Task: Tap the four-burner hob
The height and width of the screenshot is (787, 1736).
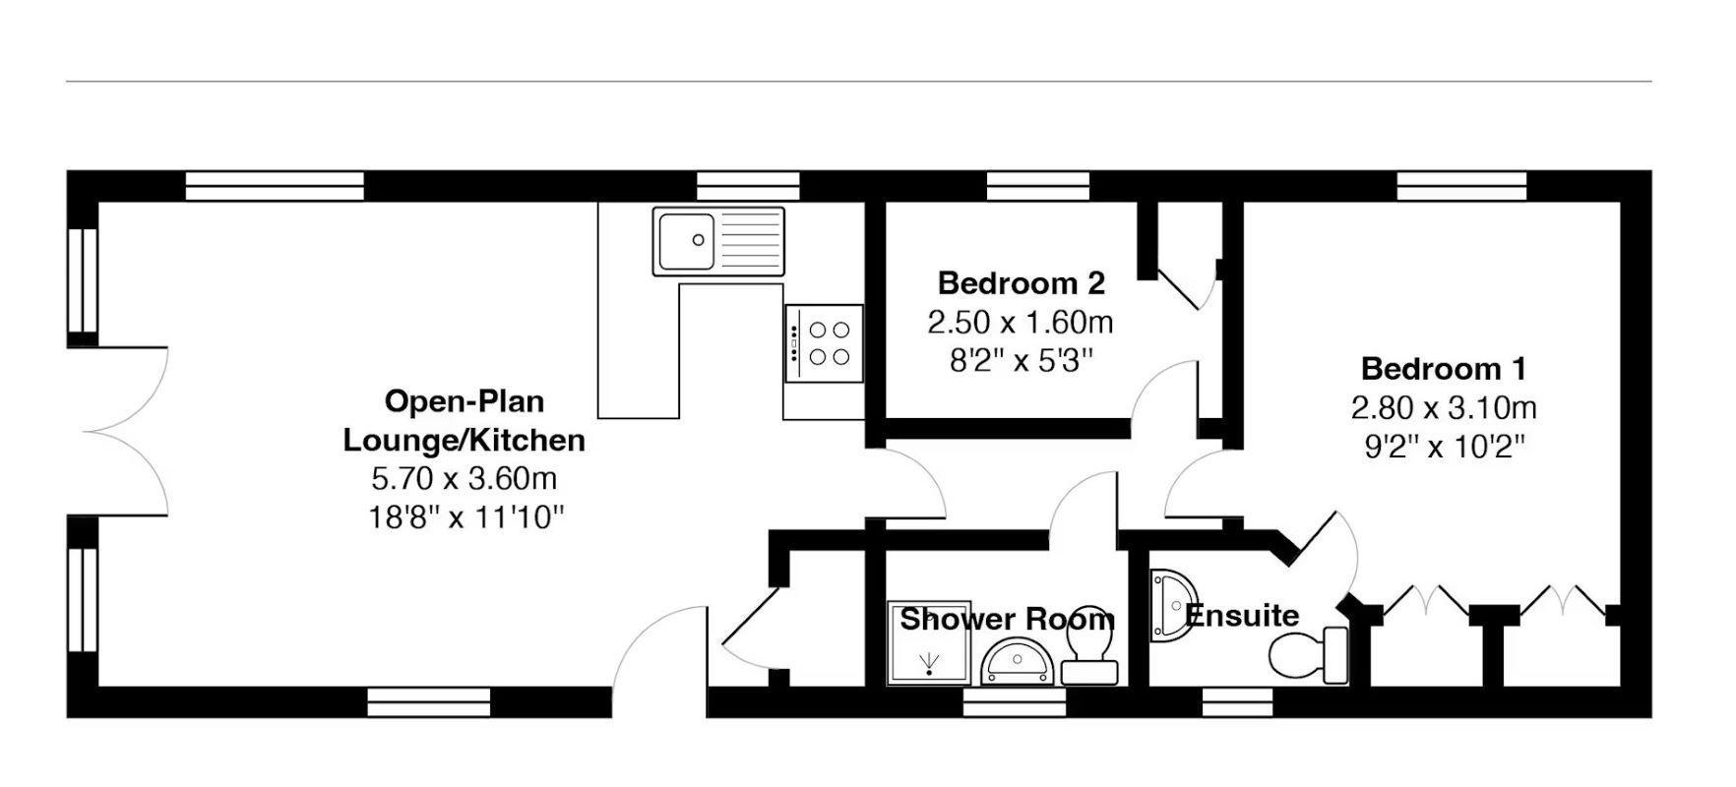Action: pos(825,343)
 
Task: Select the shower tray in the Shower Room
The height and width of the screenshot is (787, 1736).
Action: pos(929,642)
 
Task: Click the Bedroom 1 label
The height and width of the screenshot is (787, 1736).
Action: pos(1443,369)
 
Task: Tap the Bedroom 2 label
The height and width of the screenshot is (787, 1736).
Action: pos(1021,283)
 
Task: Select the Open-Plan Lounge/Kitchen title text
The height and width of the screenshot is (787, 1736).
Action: pos(464,420)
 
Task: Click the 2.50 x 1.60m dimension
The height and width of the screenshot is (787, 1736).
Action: pos(1021,322)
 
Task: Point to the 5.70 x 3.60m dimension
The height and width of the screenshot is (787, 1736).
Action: pos(464,479)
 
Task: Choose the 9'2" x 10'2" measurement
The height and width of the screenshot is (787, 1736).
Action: pos(1444,447)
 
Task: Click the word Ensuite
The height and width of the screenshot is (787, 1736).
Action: pos(1242,616)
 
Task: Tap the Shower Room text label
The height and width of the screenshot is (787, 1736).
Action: pos(1007,619)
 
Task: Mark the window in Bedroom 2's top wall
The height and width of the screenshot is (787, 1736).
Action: pos(1038,186)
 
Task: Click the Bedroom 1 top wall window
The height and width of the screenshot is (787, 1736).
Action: pos(1461,186)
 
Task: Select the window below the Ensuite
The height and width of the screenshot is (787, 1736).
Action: pos(1237,702)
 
